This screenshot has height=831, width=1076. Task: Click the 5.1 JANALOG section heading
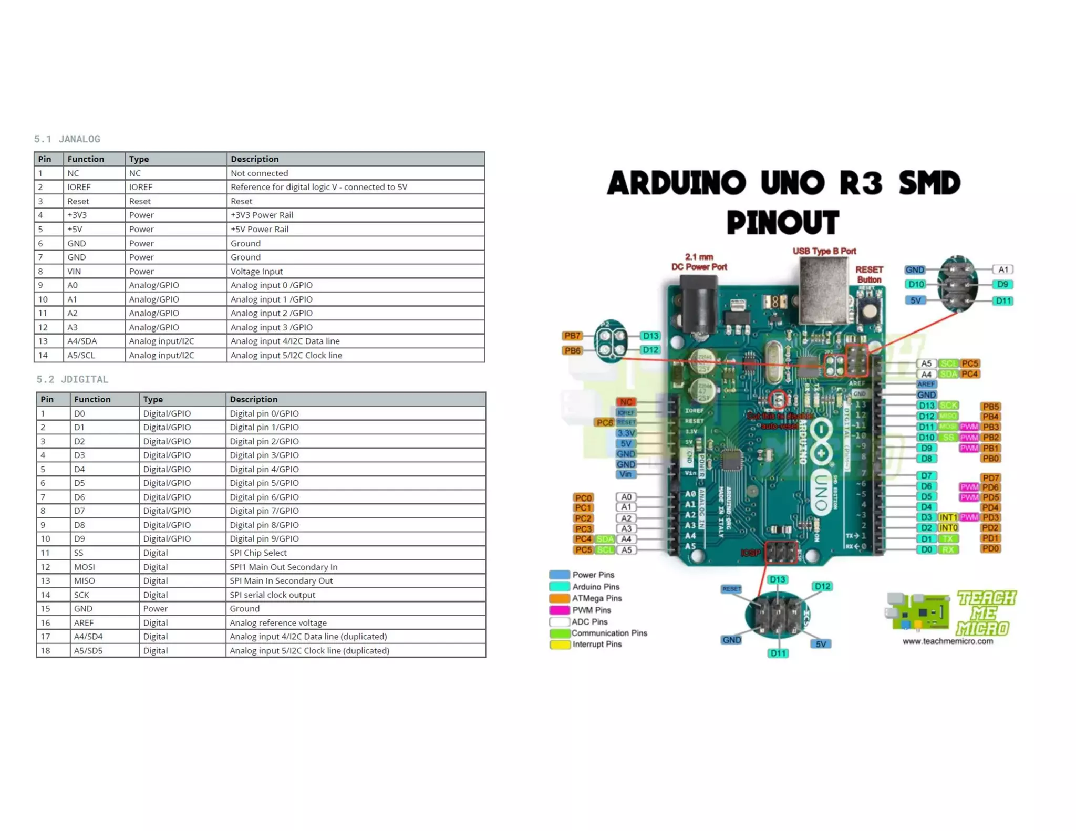67,139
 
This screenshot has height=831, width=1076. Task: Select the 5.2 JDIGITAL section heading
72,379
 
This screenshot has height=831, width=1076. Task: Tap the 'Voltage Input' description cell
256,272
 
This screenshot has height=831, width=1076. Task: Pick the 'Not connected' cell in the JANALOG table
259,173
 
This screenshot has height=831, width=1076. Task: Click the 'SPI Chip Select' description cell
258,553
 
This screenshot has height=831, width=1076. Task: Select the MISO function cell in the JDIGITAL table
84,581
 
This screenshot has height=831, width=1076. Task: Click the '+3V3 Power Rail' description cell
262,215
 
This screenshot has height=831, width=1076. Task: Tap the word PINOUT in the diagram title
783,223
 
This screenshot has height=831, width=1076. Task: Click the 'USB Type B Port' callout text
824,252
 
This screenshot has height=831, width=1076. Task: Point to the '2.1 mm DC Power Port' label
699,262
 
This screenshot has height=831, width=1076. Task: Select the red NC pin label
625,402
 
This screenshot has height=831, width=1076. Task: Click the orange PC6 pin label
604,423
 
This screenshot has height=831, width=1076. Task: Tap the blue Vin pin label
625,474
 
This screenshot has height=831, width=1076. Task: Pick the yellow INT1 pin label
948,518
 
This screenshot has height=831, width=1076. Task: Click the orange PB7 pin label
572,336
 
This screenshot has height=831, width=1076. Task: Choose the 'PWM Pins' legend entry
591,610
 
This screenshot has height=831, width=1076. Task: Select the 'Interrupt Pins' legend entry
596,645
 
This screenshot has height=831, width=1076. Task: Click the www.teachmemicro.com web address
947,641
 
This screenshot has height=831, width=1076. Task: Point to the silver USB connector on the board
823,292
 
